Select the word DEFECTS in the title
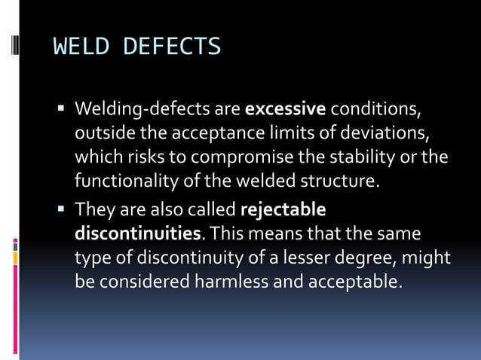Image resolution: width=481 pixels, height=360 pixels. (x=171, y=47)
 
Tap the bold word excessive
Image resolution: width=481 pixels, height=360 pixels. (x=286, y=109)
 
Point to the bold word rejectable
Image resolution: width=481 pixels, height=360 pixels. (x=283, y=209)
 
